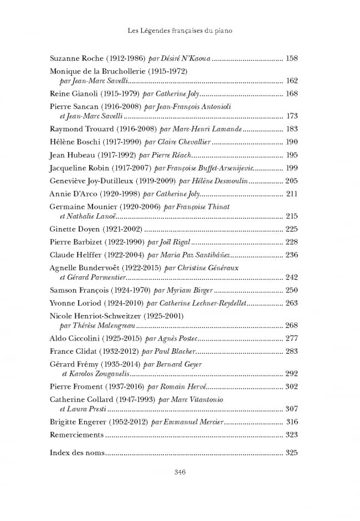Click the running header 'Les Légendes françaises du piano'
tap(179, 32)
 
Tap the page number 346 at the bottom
tap(179, 472)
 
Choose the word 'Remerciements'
tap(76, 435)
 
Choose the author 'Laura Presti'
tap(86, 409)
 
